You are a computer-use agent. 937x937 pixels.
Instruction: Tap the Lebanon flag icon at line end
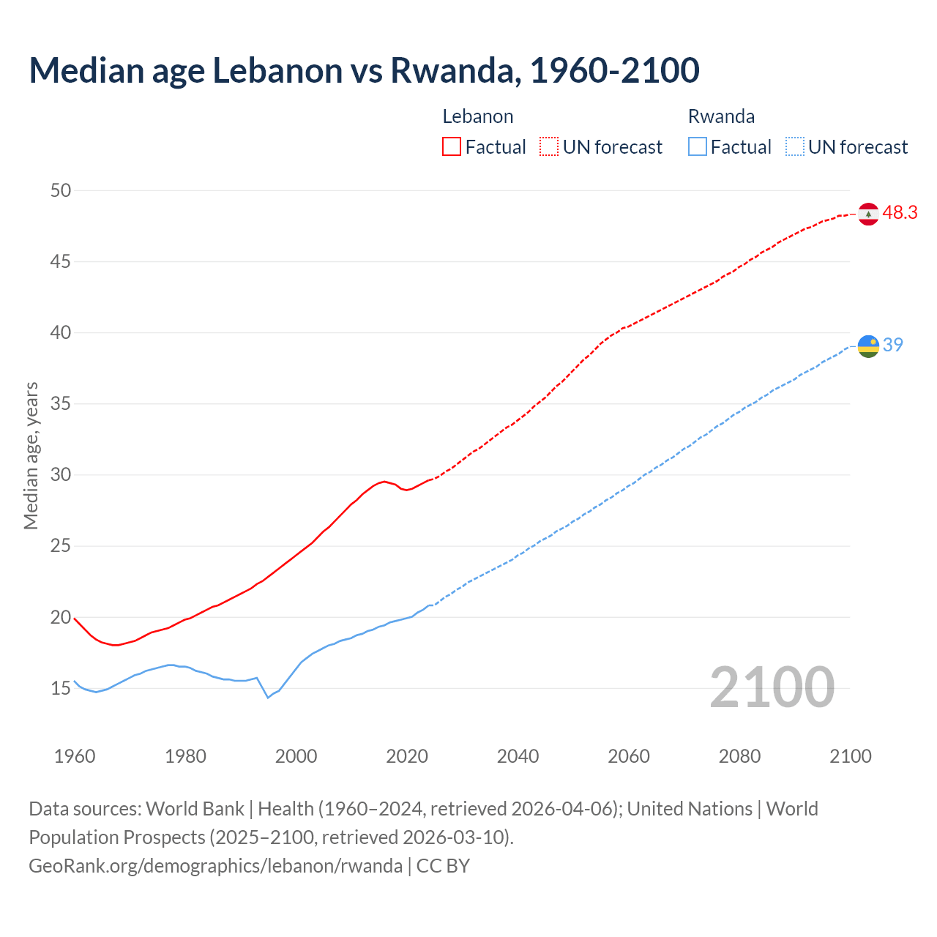tap(867, 214)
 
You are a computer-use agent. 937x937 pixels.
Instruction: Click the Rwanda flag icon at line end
tap(867, 346)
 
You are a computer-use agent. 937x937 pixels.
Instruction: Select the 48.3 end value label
tap(900, 213)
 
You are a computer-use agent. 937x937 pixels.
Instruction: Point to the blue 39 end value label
tap(892, 345)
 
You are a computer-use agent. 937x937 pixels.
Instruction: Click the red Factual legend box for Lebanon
tap(452, 147)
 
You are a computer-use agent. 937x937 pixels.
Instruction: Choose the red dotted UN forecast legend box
tap(549, 147)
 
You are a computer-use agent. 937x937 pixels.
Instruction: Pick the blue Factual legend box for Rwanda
tap(698, 147)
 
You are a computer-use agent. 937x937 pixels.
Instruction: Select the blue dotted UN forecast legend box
tap(794, 147)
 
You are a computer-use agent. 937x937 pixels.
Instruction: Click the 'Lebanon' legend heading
tap(477, 116)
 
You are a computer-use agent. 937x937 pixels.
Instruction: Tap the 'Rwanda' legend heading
tap(721, 116)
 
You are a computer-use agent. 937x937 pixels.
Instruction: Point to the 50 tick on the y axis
tap(61, 190)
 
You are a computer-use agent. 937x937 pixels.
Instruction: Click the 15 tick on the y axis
tap(61, 688)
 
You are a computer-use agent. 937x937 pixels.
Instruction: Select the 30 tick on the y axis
tap(61, 475)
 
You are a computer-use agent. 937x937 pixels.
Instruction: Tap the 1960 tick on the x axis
tap(75, 756)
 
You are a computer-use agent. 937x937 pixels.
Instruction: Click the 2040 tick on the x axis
tap(518, 756)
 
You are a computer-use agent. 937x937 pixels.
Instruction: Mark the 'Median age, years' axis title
tap(31, 455)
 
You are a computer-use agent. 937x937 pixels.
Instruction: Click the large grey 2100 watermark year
tap(772, 687)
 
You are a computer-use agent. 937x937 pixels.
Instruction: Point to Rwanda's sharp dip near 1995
tap(268, 697)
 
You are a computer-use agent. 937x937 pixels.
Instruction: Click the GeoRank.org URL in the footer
tap(215, 866)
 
